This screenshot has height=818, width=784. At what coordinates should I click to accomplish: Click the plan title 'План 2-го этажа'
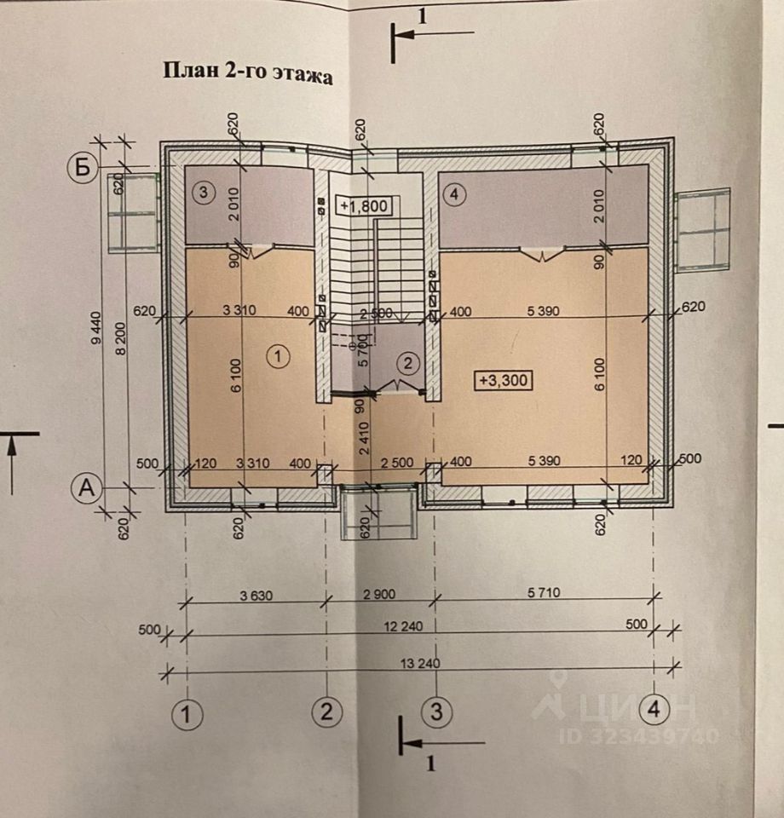pos(247,72)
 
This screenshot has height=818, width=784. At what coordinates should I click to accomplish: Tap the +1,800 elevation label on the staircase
pos(364,205)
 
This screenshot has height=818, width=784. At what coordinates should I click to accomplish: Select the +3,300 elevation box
pos(503,381)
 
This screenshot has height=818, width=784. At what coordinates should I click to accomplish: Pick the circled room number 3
pos(204,193)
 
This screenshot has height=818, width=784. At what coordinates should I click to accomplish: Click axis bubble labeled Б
pos(82,168)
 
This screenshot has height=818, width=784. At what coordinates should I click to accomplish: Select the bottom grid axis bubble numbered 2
pos(325,711)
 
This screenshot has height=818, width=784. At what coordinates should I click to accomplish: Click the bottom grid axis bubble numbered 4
pos(654,709)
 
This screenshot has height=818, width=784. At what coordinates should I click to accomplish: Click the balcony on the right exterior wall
pos(703,229)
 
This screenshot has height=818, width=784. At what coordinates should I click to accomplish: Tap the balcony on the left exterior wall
pos(133,212)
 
